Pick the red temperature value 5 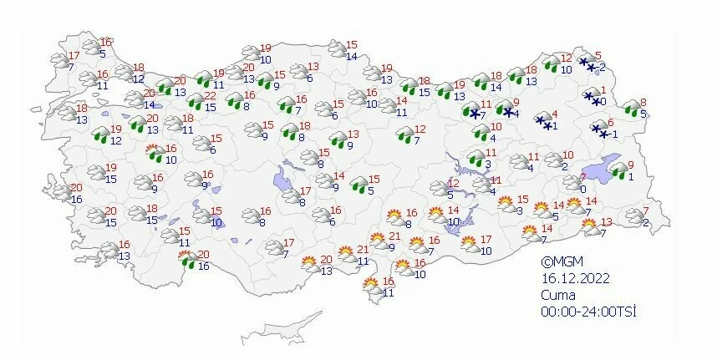597,56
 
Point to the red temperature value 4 554,114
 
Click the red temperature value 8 641,104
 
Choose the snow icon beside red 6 599,129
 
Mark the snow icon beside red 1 592,99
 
